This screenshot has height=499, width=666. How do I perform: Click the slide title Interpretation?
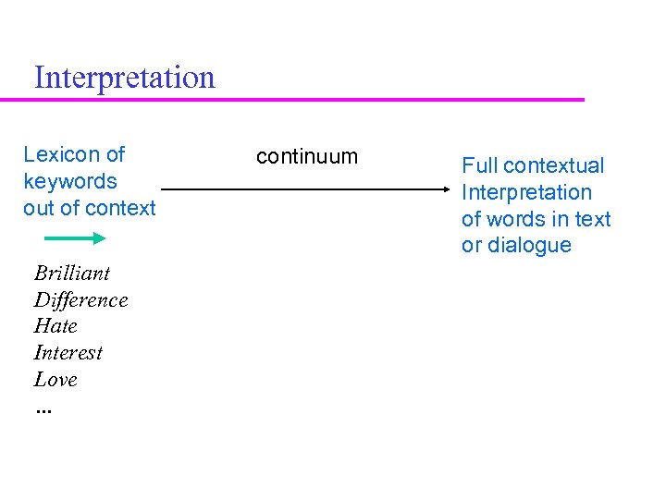(x=124, y=77)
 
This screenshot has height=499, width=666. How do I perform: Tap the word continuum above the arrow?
(x=306, y=156)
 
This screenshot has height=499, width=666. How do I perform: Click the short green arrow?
(x=75, y=238)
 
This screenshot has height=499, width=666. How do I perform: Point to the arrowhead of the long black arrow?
(x=445, y=189)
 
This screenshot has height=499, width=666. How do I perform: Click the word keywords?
(x=70, y=181)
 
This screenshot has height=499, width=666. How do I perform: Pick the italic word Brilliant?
(x=72, y=273)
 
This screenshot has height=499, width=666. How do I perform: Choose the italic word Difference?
(x=81, y=299)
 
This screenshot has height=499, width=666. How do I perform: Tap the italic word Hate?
(x=55, y=326)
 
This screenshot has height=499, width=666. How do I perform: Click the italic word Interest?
(x=68, y=353)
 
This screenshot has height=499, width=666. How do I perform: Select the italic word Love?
(x=55, y=380)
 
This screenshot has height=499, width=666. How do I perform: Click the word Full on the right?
(x=479, y=165)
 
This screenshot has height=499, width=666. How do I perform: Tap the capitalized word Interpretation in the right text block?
(x=526, y=192)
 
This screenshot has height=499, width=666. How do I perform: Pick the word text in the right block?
(x=593, y=219)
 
